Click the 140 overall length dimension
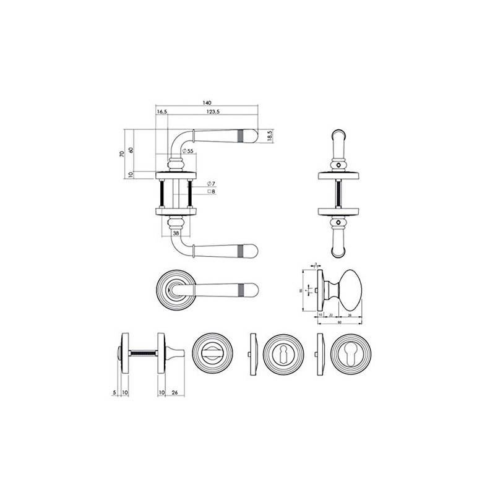[x=207, y=102]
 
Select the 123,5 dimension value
[x=213, y=112]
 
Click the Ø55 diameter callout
[x=189, y=151]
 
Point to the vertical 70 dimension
[x=123, y=154]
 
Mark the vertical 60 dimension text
[x=131, y=150]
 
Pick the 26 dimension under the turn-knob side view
[x=175, y=391]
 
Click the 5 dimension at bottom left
[x=115, y=391]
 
